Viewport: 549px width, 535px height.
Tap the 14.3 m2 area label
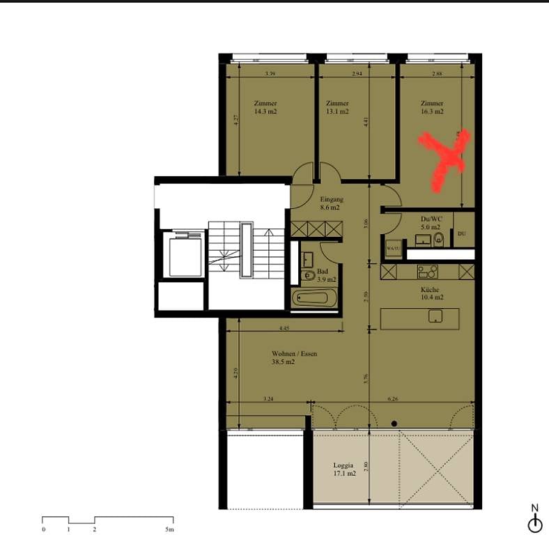point(265,111)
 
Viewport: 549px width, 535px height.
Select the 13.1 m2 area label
point(337,111)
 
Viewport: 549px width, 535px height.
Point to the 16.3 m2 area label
point(432,111)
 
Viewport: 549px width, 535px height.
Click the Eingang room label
point(332,199)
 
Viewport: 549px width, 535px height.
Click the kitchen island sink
point(436,316)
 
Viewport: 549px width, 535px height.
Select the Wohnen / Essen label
point(294,354)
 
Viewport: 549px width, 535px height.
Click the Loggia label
point(343,465)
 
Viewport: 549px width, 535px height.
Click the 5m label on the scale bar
point(169,530)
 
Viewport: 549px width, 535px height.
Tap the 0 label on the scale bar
point(43,530)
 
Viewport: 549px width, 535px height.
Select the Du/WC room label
point(431,218)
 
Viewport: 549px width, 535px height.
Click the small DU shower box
point(462,233)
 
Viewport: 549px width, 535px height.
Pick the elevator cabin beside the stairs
point(183,255)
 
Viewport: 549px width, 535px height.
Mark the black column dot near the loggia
point(394,424)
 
